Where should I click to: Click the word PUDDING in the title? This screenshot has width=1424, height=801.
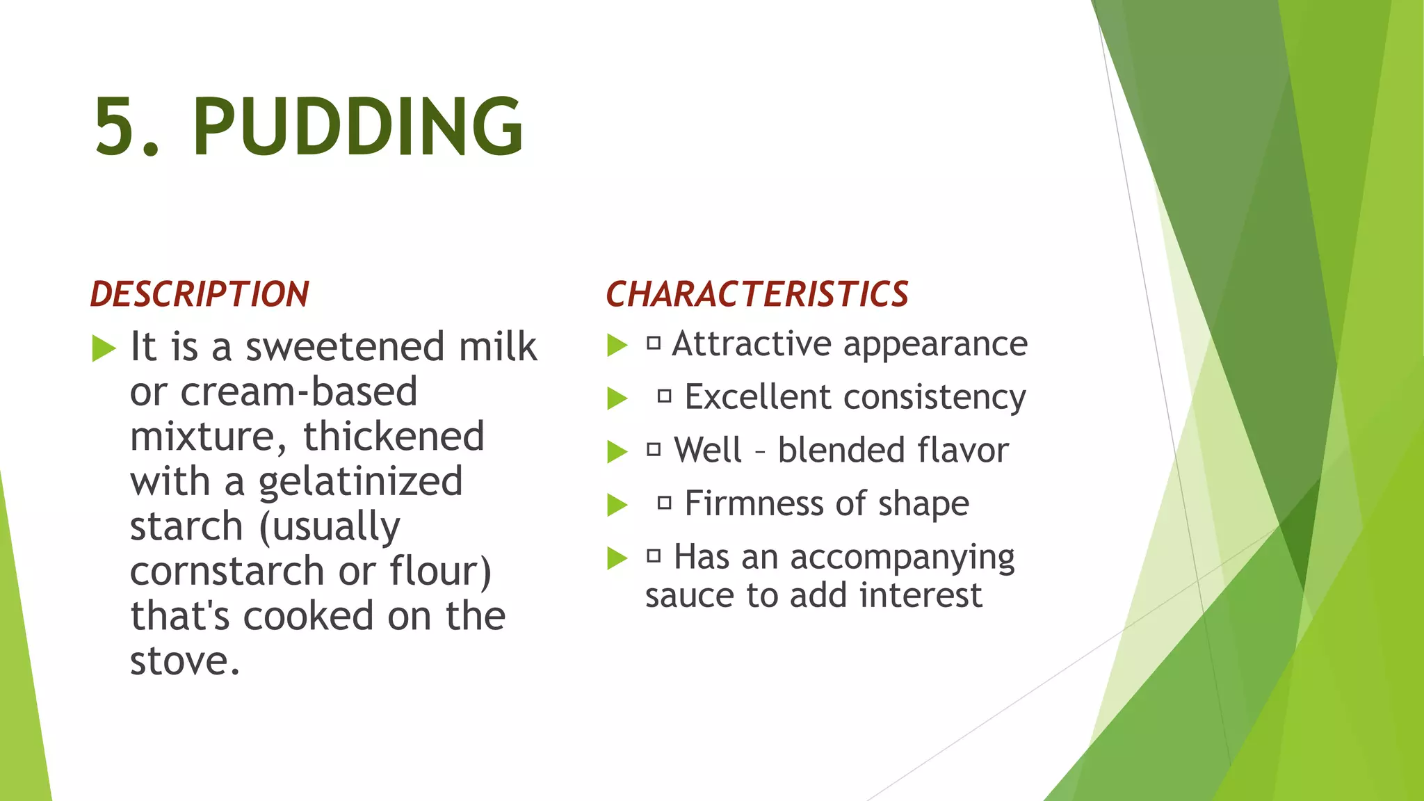pyautogui.click(x=357, y=127)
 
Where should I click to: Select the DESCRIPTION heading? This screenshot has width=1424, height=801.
pyautogui.click(x=200, y=294)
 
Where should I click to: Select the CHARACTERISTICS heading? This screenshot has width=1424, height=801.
pyautogui.click(x=756, y=294)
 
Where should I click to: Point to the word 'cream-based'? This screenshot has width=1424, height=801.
pyautogui.click(x=299, y=392)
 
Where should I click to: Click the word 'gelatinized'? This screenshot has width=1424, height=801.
pyautogui.click(x=360, y=482)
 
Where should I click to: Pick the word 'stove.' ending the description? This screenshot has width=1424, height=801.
pyautogui.click(x=185, y=661)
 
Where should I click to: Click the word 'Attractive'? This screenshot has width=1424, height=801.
pyautogui.click(x=751, y=344)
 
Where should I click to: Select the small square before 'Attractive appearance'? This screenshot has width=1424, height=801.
pyautogui.click(x=653, y=343)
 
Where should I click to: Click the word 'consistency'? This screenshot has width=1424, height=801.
pyautogui.click(x=934, y=398)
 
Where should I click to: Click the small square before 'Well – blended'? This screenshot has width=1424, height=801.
pyautogui.click(x=653, y=450)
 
